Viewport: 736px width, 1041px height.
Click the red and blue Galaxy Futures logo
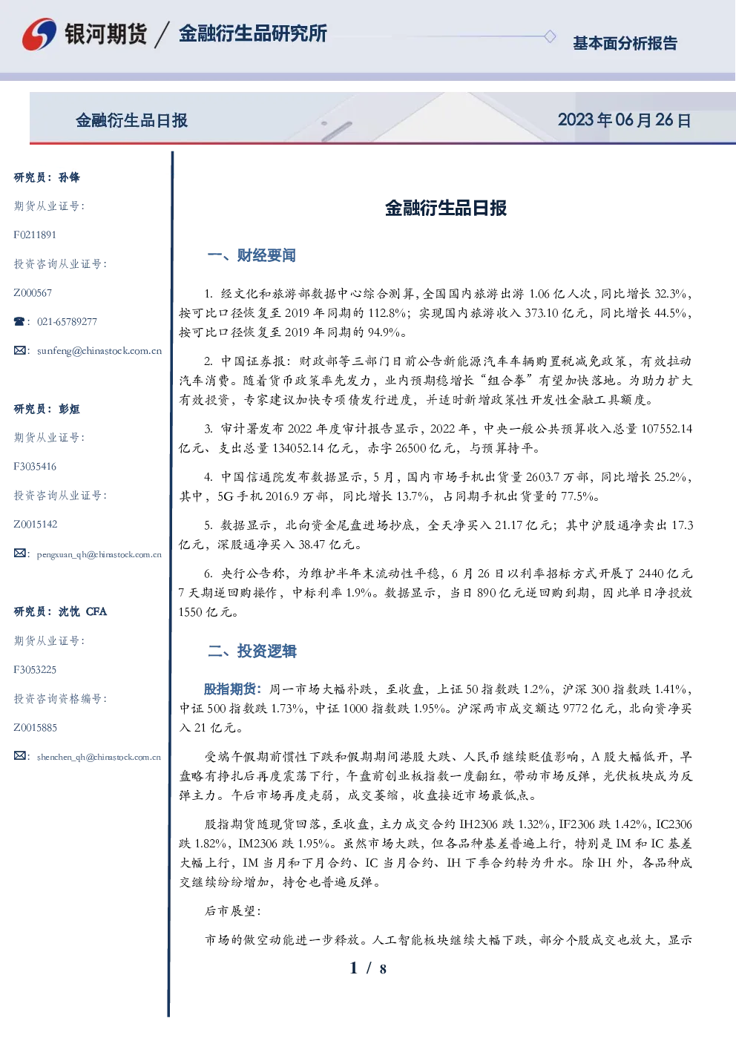click(39, 34)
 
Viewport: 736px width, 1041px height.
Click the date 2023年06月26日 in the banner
click(624, 120)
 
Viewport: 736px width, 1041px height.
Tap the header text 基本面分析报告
click(625, 43)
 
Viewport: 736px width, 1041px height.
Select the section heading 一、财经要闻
click(252, 255)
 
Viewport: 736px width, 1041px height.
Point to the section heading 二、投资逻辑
click(252, 651)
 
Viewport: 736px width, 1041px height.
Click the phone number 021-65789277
click(68, 321)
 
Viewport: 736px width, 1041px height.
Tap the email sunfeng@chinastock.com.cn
click(99, 351)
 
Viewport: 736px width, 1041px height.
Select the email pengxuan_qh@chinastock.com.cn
click(99, 554)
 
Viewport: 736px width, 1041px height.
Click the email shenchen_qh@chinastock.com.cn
click(99, 757)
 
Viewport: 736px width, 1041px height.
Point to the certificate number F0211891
click(35, 234)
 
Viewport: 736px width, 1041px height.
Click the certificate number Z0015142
click(36, 525)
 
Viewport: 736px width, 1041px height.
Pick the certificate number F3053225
click(35, 670)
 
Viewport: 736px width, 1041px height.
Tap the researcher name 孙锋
click(69, 177)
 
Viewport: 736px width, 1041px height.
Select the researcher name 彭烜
click(69, 409)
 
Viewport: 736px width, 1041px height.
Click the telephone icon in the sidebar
click(19, 321)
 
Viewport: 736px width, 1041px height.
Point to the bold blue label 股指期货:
click(233, 689)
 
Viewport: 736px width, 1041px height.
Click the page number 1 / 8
click(368, 968)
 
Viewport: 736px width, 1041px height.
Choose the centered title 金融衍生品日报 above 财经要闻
click(446, 208)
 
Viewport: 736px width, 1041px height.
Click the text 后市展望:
click(233, 911)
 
